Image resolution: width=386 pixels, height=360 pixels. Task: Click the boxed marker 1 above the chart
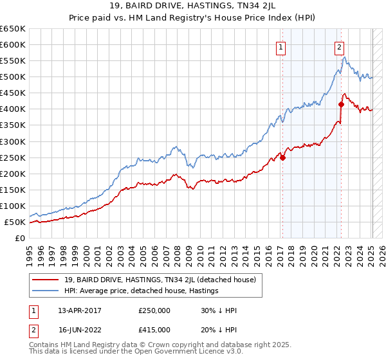click(282, 46)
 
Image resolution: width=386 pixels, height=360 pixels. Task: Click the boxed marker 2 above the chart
click(339, 46)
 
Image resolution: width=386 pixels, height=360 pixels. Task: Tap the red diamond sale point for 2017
click(282, 157)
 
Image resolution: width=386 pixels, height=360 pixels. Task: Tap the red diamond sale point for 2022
click(341, 104)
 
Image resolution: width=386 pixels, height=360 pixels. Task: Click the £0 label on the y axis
click(20, 238)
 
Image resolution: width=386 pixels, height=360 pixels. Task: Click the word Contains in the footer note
click(44, 345)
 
